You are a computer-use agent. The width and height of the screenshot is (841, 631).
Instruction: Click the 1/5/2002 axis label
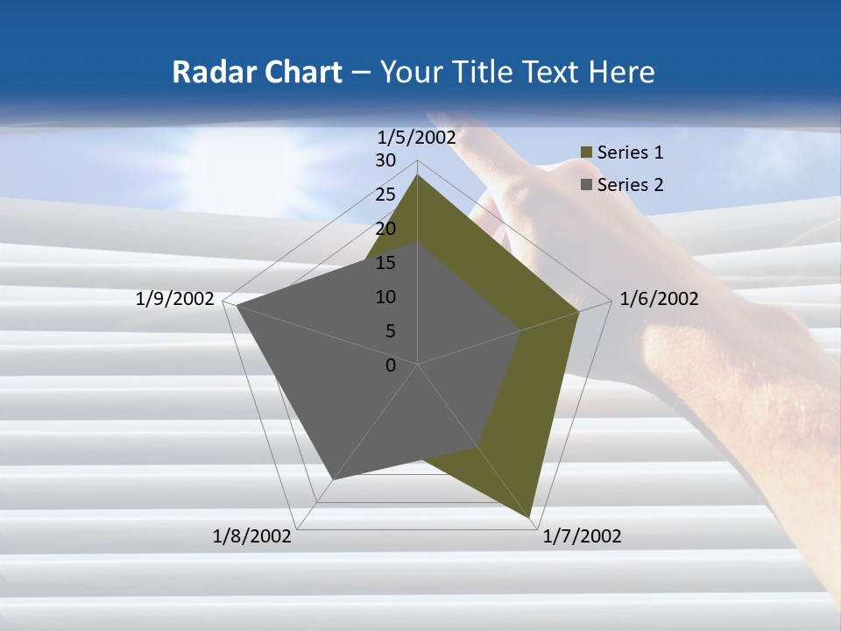click(x=416, y=138)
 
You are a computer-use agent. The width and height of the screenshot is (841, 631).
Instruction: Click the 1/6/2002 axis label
click(x=659, y=299)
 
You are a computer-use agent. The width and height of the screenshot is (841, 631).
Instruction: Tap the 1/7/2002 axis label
click(x=582, y=536)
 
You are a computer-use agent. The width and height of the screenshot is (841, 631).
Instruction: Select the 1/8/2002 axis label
click(x=252, y=536)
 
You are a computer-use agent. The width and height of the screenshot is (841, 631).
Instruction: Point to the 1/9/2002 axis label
click(x=175, y=299)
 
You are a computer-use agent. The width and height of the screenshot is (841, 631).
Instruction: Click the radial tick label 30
click(x=385, y=160)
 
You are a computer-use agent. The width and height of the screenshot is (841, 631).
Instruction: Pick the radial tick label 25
click(x=385, y=195)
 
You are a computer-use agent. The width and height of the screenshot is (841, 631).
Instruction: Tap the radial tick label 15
click(x=385, y=263)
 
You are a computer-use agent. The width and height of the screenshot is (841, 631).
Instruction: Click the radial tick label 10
click(x=385, y=297)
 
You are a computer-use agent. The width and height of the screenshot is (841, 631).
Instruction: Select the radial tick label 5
click(x=390, y=331)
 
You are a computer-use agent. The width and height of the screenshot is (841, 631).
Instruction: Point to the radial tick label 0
click(x=391, y=365)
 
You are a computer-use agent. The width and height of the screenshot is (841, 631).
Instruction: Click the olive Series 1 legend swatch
click(x=586, y=153)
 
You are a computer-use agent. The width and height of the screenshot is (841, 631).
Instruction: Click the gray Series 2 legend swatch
click(x=586, y=185)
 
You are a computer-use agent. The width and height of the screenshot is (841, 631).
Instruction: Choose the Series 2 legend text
click(x=630, y=185)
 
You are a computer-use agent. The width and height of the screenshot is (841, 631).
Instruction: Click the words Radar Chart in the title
click(x=257, y=72)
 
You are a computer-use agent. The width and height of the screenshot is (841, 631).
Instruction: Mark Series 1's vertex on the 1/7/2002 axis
click(x=530, y=517)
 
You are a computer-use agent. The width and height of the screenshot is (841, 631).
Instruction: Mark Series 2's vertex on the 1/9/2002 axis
click(x=237, y=306)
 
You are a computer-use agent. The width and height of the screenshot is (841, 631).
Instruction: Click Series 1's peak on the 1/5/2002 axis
click(x=417, y=175)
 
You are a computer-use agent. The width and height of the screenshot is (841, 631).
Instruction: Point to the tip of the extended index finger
click(x=434, y=115)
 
